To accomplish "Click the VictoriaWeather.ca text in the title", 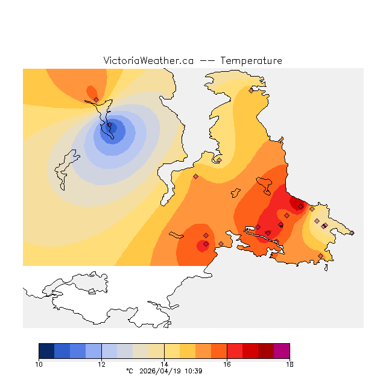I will coord(148,61).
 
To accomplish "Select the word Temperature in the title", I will coord(251,61).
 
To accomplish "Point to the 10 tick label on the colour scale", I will coord(39,364).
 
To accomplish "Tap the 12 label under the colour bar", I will coord(101,364).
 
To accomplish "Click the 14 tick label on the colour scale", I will coord(164,364).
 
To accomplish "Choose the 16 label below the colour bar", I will coord(227,364).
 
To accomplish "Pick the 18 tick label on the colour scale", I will coord(289,364).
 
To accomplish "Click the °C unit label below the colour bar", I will coord(128,371).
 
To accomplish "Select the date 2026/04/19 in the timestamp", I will coord(159,371).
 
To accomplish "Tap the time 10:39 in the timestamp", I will coord(193,371).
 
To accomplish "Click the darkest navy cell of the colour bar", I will coord(46,351).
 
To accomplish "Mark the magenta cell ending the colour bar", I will coord(282,351).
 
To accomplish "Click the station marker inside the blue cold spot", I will coord(110,125).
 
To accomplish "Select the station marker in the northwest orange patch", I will coord(96,100).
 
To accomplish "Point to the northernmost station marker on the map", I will coord(251,91).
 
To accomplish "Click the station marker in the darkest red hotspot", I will coord(300,206).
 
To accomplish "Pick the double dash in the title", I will coord(207,61).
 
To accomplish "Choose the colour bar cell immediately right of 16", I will coord(235,351).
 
